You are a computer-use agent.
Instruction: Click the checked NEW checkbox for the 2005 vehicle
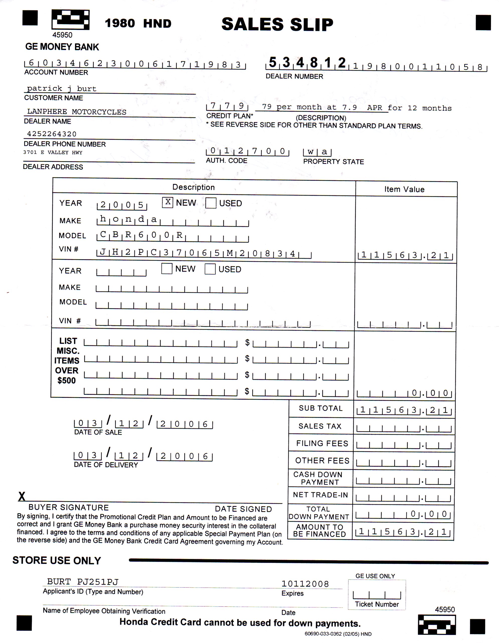click(x=168, y=202)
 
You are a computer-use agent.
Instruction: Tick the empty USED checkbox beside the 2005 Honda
click(x=211, y=203)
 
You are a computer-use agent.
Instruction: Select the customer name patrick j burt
click(x=62, y=89)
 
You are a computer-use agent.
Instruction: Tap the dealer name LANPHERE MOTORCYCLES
click(x=76, y=112)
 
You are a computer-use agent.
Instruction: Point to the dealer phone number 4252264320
click(x=52, y=134)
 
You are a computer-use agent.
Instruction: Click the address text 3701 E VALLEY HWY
click(x=53, y=153)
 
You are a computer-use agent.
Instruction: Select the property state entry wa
click(x=317, y=152)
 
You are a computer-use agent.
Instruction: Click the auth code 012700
click(x=247, y=151)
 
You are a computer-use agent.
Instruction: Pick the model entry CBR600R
click(x=141, y=235)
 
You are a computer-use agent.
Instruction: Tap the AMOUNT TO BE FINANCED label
click(x=319, y=531)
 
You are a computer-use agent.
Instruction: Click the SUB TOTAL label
click(x=321, y=408)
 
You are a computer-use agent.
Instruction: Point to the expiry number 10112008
click(x=305, y=584)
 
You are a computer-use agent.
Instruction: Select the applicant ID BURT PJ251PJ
click(x=83, y=582)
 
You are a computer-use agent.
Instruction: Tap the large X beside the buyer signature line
click(x=22, y=497)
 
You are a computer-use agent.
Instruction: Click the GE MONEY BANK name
click(x=62, y=47)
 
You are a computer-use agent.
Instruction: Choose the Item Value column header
click(x=404, y=189)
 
